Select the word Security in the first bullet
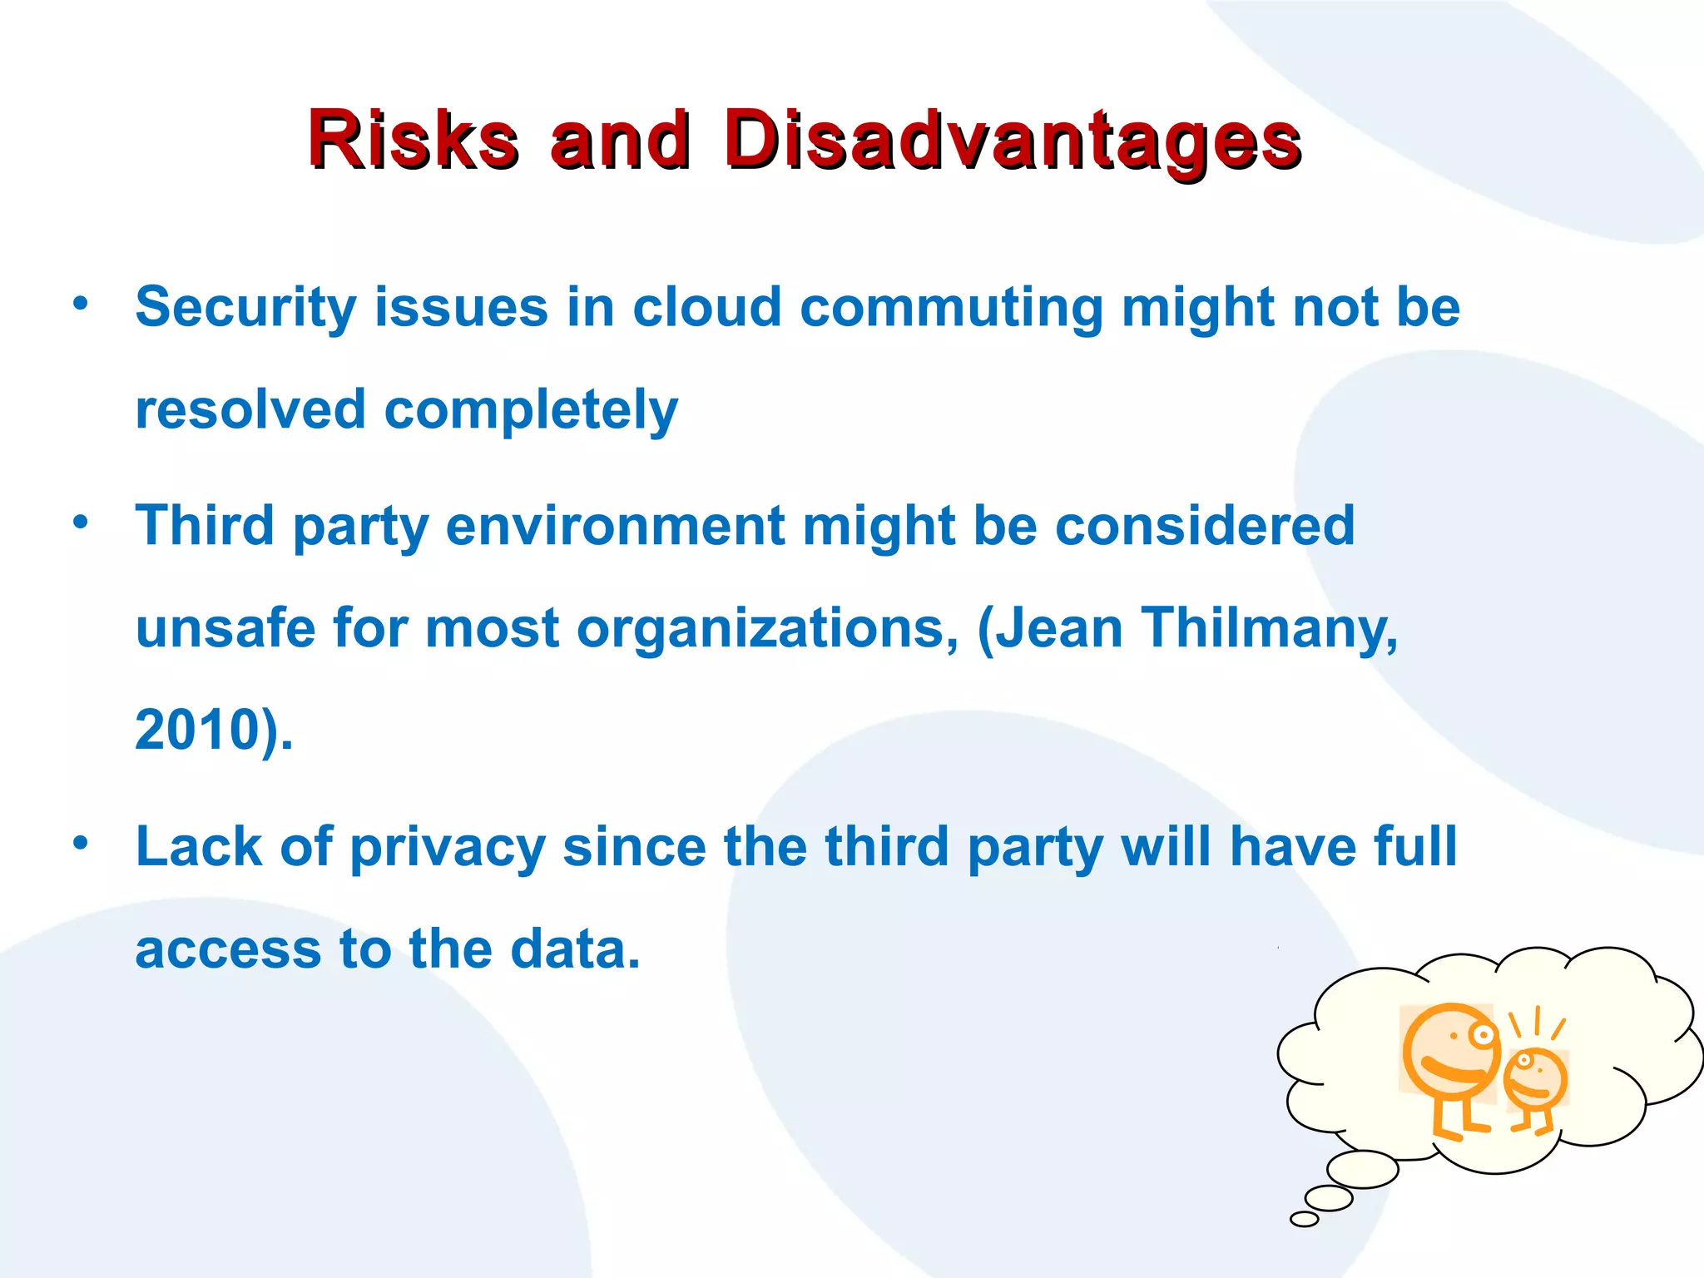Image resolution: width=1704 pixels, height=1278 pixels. [x=245, y=308]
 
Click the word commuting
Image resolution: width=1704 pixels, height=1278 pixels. [x=951, y=308]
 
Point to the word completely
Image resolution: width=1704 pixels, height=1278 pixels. [x=531, y=410]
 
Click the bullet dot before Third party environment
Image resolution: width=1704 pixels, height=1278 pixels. [x=80, y=523]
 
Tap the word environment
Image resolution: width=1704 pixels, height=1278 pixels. [x=615, y=526]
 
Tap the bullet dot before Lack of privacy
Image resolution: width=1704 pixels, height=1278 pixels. [x=80, y=843]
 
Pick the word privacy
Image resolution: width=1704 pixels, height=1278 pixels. [x=447, y=848]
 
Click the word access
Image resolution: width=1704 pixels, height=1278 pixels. [x=228, y=949]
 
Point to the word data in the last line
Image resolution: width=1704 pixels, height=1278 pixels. [x=574, y=949]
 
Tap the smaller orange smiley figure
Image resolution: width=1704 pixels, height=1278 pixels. [x=1535, y=1082]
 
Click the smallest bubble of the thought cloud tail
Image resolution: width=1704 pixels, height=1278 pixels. [x=1304, y=1219]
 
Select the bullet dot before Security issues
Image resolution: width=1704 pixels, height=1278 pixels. [x=80, y=303]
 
